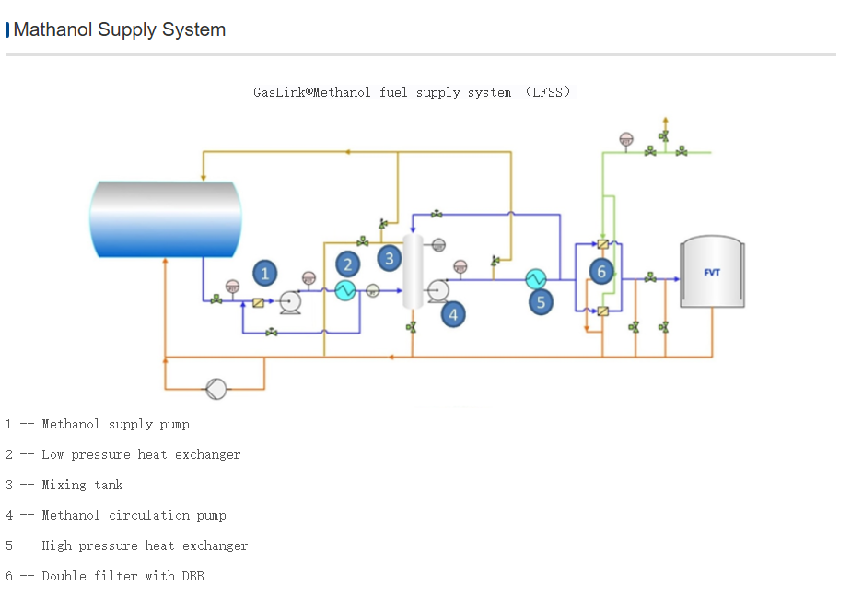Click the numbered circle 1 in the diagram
click(x=265, y=273)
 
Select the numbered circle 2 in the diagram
click(x=347, y=264)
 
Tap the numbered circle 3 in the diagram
click(x=390, y=258)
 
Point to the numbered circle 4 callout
click(x=452, y=314)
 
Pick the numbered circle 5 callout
click(x=541, y=301)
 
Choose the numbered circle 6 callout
click(x=601, y=271)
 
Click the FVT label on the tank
click(x=712, y=272)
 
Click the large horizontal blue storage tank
click(x=166, y=219)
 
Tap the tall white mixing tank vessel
click(x=412, y=272)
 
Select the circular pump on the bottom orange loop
click(x=216, y=389)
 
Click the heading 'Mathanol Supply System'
click(x=119, y=29)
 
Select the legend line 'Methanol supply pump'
click(x=115, y=425)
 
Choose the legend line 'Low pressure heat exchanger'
click(x=141, y=455)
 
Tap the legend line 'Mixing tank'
click(x=82, y=486)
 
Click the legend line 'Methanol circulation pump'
click(x=134, y=516)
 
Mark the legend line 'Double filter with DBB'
click(x=122, y=577)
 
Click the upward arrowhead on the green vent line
click(x=666, y=121)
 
